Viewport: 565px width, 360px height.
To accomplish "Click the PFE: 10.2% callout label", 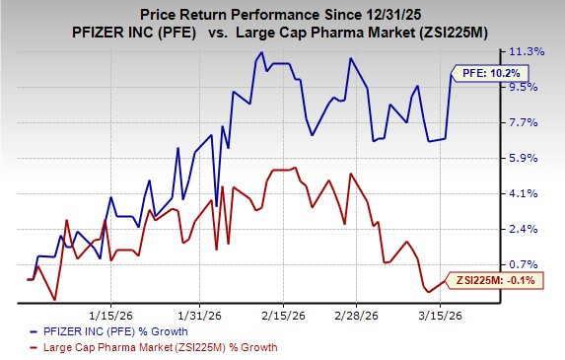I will [x=484, y=73].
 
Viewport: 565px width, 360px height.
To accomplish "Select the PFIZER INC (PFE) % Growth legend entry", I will [x=117, y=332].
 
